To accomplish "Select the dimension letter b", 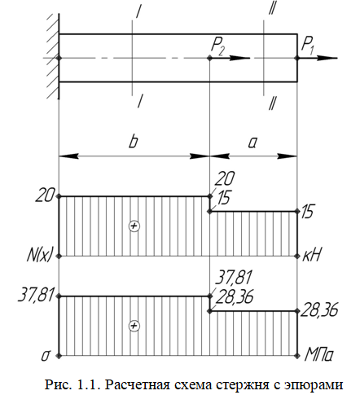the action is click(133, 142).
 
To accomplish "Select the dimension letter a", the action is click(252, 143).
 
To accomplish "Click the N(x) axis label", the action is click(39, 255).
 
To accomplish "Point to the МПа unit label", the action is click(318, 354).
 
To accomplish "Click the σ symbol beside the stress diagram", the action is click(46, 357).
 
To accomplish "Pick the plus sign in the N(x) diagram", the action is click(134, 226).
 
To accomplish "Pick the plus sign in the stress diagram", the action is click(134, 326).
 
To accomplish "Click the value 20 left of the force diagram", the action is click(45, 195).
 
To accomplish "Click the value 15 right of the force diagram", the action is click(307, 211).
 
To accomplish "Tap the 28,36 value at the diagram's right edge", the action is click(318, 310).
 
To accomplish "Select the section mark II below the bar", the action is click(271, 103).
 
